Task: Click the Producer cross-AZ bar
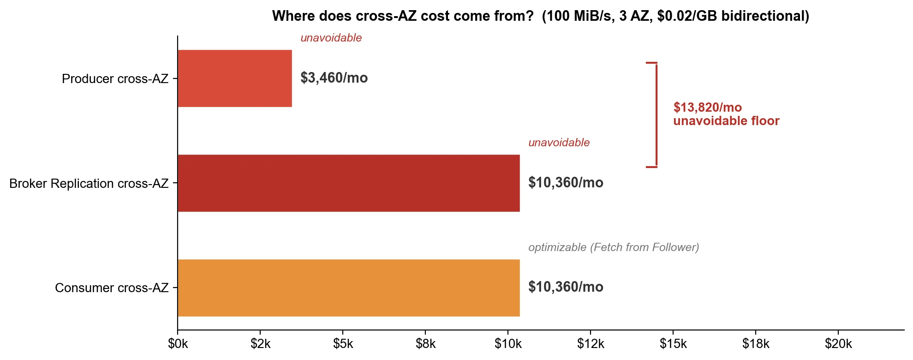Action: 235,78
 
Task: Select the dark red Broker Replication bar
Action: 349,183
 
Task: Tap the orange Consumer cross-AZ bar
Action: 349,288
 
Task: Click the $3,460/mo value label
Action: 334,78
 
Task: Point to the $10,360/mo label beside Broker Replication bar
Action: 566,183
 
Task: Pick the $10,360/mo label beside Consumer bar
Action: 566,287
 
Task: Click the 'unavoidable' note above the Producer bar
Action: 331,38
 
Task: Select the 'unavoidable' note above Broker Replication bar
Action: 559,143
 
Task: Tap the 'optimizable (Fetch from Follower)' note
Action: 614,247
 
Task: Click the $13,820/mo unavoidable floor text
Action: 726,114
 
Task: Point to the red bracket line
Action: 656,114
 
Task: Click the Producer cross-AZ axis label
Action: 115,79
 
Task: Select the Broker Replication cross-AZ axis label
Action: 89,184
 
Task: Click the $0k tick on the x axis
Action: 178,344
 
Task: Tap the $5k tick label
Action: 343,344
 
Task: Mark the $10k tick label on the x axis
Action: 508,344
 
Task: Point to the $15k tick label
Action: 673,344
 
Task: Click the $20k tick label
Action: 838,344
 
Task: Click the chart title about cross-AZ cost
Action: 540,16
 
